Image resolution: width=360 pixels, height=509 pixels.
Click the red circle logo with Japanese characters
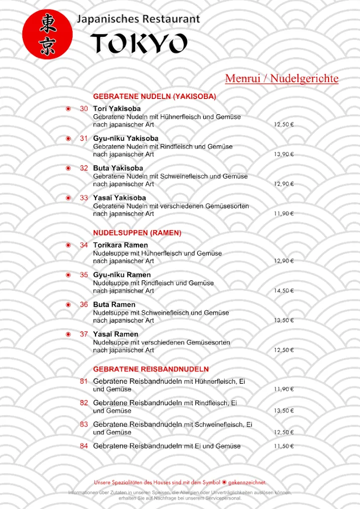pos(47,34)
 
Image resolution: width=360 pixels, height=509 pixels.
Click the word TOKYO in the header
pos(139,44)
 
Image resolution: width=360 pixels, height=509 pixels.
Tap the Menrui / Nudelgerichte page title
pos(281,79)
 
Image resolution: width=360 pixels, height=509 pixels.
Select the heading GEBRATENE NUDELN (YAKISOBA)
pos(154,96)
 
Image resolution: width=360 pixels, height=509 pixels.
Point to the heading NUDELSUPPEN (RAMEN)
pos(137,233)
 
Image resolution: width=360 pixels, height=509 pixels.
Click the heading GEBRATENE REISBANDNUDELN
pos(151,369)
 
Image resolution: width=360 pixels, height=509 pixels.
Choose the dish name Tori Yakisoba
pos(117,108)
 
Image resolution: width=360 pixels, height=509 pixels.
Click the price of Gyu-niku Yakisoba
pos(284,154)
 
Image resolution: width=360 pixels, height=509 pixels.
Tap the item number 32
pos(84,168)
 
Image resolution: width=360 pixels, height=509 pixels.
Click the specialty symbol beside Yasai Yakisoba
pos(69,198)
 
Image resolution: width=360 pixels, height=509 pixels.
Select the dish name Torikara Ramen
pos(120,245)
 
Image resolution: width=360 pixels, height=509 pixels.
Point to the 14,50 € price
pos(284,291)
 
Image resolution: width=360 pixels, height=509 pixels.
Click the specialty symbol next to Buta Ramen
pos(69,304)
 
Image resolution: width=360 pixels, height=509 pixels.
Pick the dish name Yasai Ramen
pos(115,334)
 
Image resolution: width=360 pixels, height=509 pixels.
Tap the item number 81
pos(84,381)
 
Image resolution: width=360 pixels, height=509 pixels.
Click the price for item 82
pos(284,411)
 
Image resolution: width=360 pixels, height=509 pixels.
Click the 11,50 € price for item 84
pos(284,446)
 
